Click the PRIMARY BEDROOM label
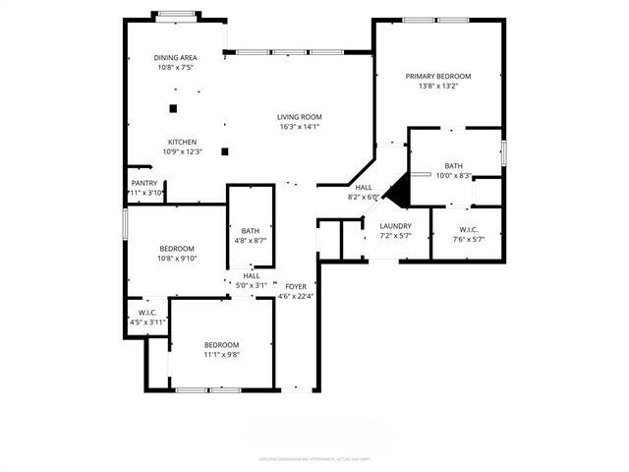click(x=439, y=77)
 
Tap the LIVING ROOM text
click(x=300, y=117)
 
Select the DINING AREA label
click(x=176, y=58)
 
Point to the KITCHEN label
click(x=182, y=142)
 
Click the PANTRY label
click(x=143, y=183)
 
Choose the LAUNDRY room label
click(x=395, y=226)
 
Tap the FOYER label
click(x=295, y=286)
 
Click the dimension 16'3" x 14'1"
click(x=300, y=127)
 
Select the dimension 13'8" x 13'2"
click(x=439, y=87)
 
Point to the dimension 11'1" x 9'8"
click(x=221, y=354)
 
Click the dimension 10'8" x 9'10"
click(x=177, y=259)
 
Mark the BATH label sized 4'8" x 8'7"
click(x=251, y=231)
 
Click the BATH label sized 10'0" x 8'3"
click(x=453, y=166)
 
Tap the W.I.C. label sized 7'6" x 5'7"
click(x=467, y=230)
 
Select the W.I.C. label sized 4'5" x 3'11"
click(x=148, y=313)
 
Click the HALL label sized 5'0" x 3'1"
click(x=252, y=275)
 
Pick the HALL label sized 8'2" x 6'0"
click(x=364, y=187)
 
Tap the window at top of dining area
click(x=177, y=14)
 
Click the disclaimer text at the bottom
click(x=314, y=458)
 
